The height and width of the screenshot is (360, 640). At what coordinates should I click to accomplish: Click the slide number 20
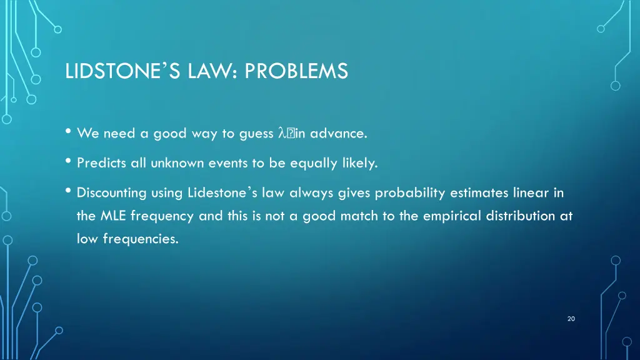click(x=571, y=319)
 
